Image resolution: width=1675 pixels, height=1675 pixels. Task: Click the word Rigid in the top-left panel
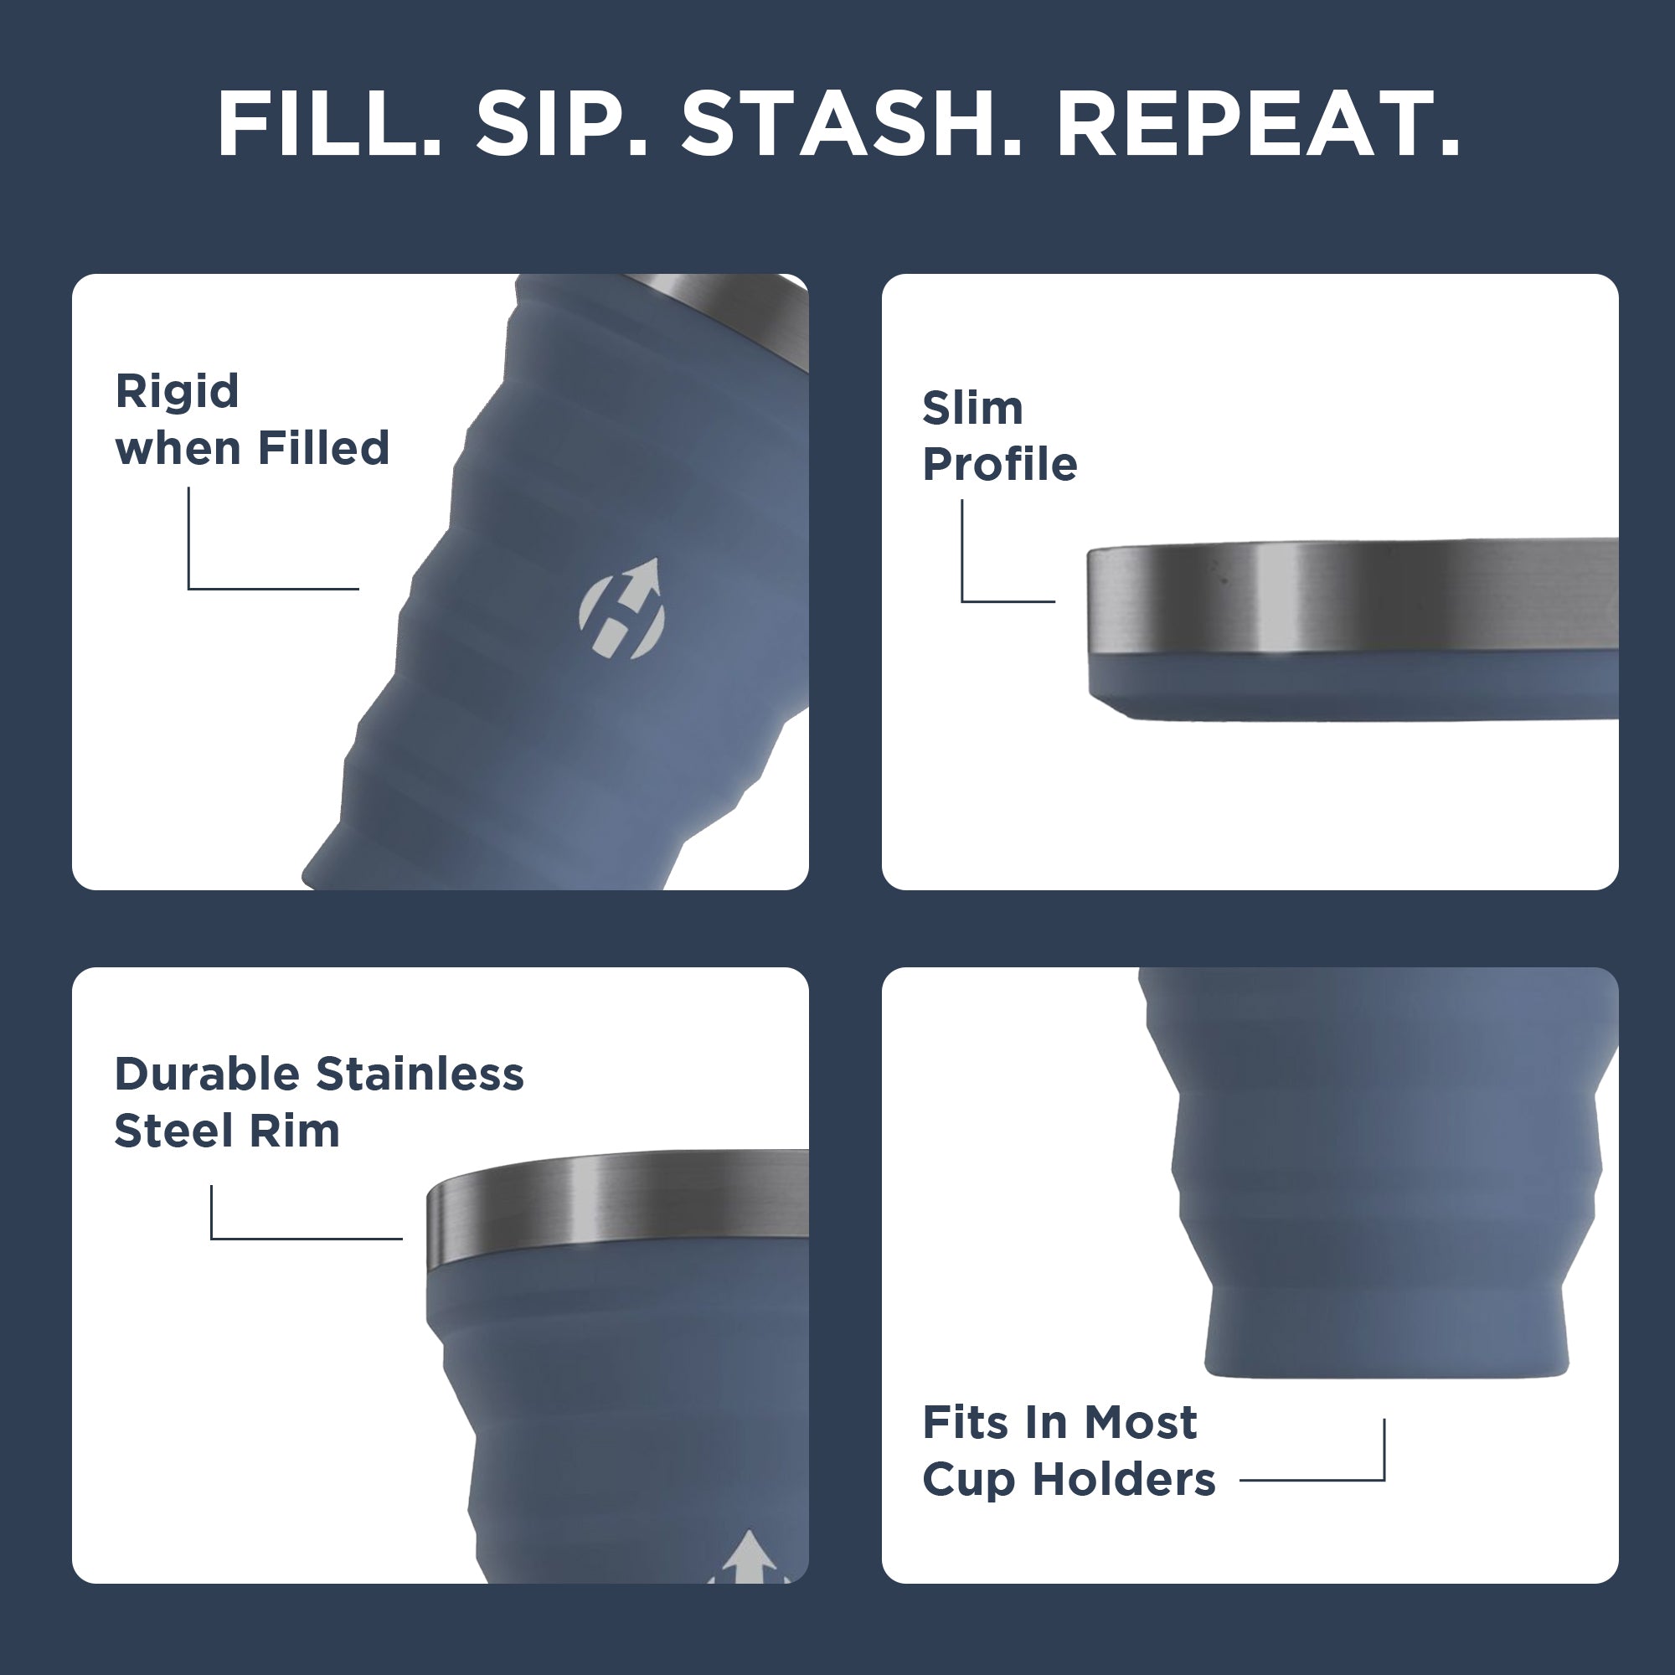[177, 392]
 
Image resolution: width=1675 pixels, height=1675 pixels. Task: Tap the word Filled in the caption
[323, 448]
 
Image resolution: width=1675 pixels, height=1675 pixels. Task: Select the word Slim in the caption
[971, 408]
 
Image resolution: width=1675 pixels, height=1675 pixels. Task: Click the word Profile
[999, 465]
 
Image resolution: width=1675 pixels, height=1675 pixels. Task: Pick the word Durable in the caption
[207, 1075]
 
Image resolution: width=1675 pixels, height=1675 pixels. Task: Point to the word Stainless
[420, 1075]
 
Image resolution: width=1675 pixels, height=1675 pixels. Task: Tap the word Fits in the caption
[964, 1423]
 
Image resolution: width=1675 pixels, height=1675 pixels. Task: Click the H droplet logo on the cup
[621, 609]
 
